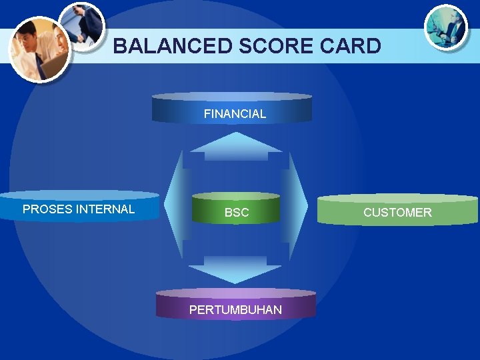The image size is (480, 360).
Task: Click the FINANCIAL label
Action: pyautogui.click(x=235, y=114)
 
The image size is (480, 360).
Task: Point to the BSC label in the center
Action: pyautogui.click(x=237, y=213)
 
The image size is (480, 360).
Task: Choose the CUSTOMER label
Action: pyautogui.click(x=397, y=213)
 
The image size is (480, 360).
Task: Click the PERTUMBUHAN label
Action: pyautogui.click(x=235, y=309)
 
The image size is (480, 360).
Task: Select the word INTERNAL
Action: pyautogui.click(x=105, y=209)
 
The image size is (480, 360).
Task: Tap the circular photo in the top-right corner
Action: pyautogui.click(x=446, y=26)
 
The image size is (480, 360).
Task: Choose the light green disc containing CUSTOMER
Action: pyautogui.click(x=397, y=209)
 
